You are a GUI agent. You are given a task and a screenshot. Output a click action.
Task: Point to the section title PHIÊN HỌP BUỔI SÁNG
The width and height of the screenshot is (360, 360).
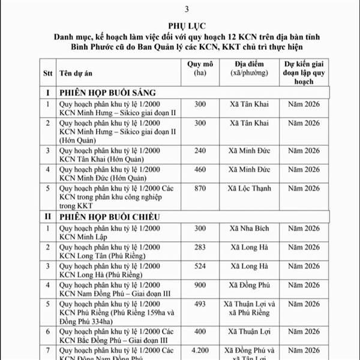(107, 92)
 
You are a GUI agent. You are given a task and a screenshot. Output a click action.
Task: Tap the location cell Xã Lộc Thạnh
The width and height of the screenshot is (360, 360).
(253, 188)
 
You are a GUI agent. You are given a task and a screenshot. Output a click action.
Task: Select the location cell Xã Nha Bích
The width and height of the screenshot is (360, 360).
(253, 228)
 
